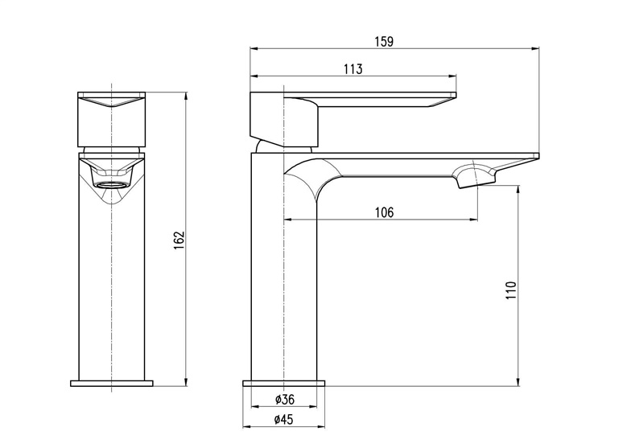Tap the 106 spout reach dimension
coord(384,212)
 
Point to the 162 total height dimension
coord(179,240)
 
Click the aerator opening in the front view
coord(113,183)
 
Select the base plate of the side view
coord(285,382)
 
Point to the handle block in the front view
coord(113,121)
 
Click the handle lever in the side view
coord(378,97)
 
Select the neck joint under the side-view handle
coord(282,146)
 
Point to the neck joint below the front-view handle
coord(113,150)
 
